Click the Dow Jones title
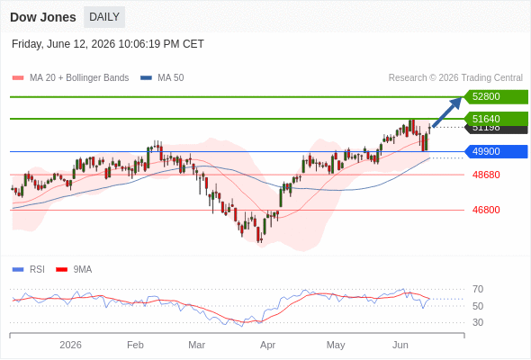[x=43, y=17]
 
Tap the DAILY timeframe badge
[x=104, y=17]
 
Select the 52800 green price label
[x=496, y=97]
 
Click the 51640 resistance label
[x=496, y=119]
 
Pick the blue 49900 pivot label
[x=496, y=151]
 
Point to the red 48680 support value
[x=486, y=175]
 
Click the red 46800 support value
[x=486, y=210]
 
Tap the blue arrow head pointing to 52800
[x=456, y=103]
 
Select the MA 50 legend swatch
[x=146, y=78]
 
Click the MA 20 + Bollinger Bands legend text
[x=79, y=78]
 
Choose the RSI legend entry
[x=29, y=270]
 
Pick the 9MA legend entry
[x=74, y=270]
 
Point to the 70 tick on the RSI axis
[x=478, y=289]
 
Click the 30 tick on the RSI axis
[x=478, y=322]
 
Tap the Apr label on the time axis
[x=267, y=345]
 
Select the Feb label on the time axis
[x=135, y=345]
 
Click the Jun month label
[x=400, y=345]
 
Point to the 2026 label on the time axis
[x=70, y=345]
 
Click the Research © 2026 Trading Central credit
[x=455, y=78]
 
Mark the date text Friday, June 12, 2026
[x=63, y=44]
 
